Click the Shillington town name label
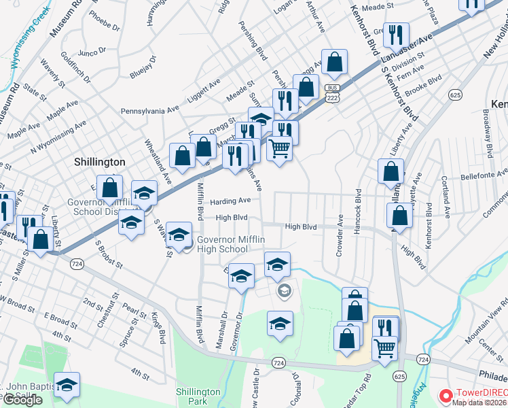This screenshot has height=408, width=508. tap(99, 162)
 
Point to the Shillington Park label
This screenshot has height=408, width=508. tap(198, 396)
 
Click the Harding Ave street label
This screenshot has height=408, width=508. tap(235, 201)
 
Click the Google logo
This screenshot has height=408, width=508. tap(22, 400)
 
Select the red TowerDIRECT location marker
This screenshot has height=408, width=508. tap(446, 394)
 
